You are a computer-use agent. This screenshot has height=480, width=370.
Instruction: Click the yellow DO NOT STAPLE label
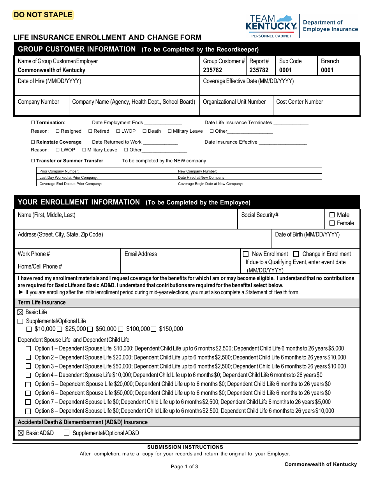[x=43, y=15]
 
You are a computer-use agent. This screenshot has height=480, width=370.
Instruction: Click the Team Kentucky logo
[x=271, y=26]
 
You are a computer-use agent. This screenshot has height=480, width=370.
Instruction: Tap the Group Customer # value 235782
[x=212, y=70]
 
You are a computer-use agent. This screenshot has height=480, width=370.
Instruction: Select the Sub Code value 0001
[x=285, y=70]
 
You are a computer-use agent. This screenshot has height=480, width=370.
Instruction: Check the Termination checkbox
[x=33, y=123]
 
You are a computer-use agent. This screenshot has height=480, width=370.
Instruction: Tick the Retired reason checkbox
[x=90, y=131]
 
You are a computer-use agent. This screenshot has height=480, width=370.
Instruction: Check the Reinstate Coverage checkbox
[x=33, y=142]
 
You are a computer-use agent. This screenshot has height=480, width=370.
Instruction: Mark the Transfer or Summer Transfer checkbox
[x=33, y=161]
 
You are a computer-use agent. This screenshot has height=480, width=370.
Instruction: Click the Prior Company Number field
[x=105, y=171]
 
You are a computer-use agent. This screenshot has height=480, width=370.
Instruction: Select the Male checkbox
[x=332, y=215]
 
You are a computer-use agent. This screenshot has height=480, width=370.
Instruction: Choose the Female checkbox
[x=332, y=223]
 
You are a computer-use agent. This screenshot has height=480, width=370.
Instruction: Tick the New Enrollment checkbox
[x=246, y=254]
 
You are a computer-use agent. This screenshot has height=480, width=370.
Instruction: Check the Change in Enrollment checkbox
[x=296, y=254]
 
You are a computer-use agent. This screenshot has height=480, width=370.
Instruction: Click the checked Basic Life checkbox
[x=21, y=312]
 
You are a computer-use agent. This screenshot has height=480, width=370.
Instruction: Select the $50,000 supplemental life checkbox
[x=90, y=329]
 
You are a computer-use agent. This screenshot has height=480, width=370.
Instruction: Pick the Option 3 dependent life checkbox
[x=28, y=366]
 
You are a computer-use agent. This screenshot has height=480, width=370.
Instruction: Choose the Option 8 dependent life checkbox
[x=28, y=411]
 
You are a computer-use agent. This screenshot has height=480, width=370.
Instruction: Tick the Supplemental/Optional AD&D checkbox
[x=67, y=433]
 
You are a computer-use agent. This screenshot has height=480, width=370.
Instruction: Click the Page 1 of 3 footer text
[x=184, y=466]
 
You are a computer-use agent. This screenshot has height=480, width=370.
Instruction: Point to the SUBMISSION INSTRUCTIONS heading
[x=185, y=447]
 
